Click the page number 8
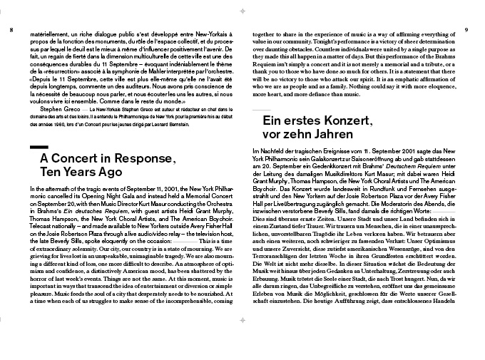tap(11, 30)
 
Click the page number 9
tap(465, 30)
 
